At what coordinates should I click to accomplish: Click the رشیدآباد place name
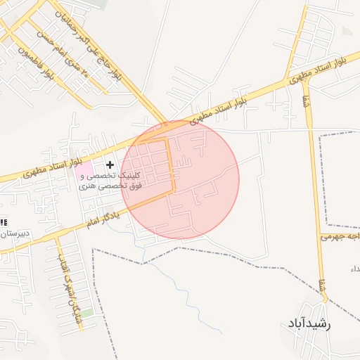pyautogui.click(x=318, y=323)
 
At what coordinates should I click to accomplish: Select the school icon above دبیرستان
pyautogui.click(x=4, y=222)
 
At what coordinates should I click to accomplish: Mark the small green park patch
pyautogui.click(x=86, y=312)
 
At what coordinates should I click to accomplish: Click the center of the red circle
pyautogui.click(x=180, y=179)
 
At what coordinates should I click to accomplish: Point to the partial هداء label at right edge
pyautogui.click(x=354, y=270)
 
